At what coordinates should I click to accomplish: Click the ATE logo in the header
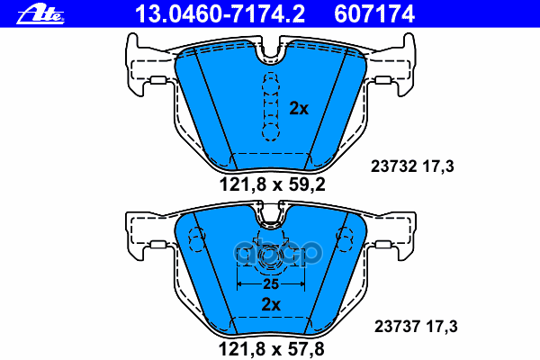40,14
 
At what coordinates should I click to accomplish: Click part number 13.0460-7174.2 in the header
220,14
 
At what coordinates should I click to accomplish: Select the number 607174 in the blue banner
374,14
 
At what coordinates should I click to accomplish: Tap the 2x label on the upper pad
299,109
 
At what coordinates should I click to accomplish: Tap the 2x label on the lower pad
271,304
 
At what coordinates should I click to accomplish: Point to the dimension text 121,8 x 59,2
273,184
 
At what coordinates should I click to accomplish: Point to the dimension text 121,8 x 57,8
272,349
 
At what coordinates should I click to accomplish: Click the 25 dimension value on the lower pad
271,284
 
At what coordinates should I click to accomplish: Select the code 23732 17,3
412,166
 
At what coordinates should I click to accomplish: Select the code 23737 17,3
416,326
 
